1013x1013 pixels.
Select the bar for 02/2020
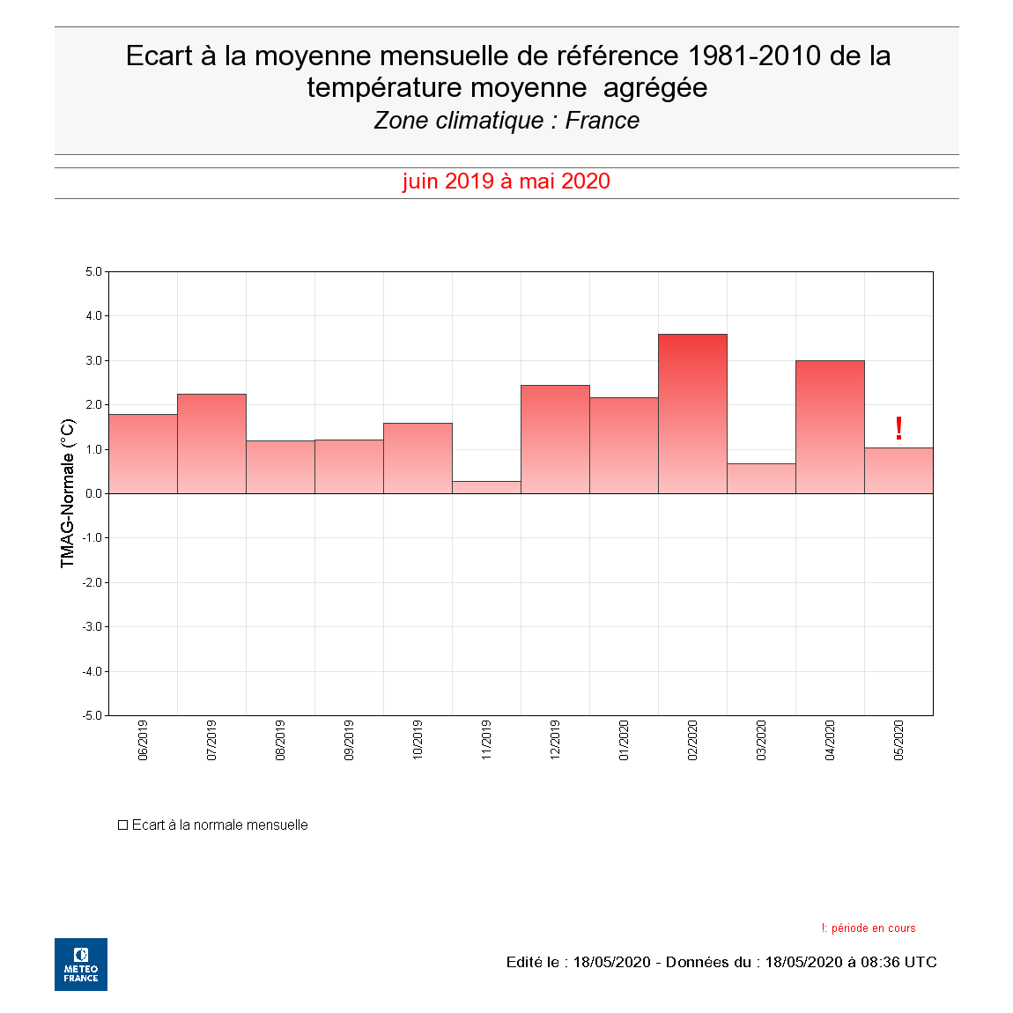click(692, 414)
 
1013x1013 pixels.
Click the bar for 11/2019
click(486, 487)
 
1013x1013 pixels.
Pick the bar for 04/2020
click(830, 427)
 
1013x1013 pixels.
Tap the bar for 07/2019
click(211, 444)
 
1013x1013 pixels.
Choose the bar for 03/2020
click(761, 478)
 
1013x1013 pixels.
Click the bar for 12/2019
click(555, 440)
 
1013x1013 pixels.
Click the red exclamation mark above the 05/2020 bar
click(898, 428)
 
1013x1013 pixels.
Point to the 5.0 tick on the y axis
click(93, 271)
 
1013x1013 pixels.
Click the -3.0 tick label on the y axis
click(92, 626)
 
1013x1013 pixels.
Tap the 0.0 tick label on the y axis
click(93, 493)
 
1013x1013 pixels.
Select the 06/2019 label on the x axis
click(143, 740)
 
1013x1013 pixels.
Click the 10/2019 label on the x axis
click(418, 740)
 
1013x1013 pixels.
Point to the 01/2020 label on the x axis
click(624, 740)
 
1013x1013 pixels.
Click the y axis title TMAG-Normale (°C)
click(68, 493)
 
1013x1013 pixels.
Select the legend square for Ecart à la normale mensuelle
click(123, 825)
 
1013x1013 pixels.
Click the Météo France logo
click(81, 965)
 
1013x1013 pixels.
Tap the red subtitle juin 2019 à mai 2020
click(506, 181)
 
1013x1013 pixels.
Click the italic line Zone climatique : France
click(506, 121)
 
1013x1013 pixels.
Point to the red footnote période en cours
click(872, 928)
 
